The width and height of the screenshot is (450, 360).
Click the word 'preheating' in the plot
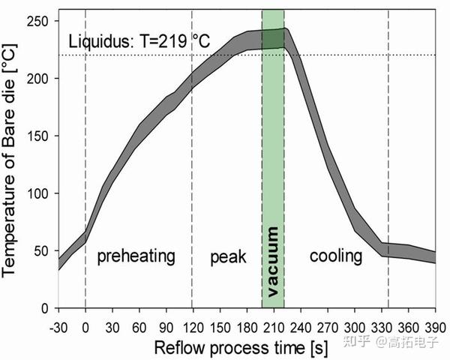point(136,256)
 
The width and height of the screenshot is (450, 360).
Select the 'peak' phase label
point(228,256)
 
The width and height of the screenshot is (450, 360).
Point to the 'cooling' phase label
point(335,256)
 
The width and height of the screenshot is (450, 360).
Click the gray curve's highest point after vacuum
point(286,31)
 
